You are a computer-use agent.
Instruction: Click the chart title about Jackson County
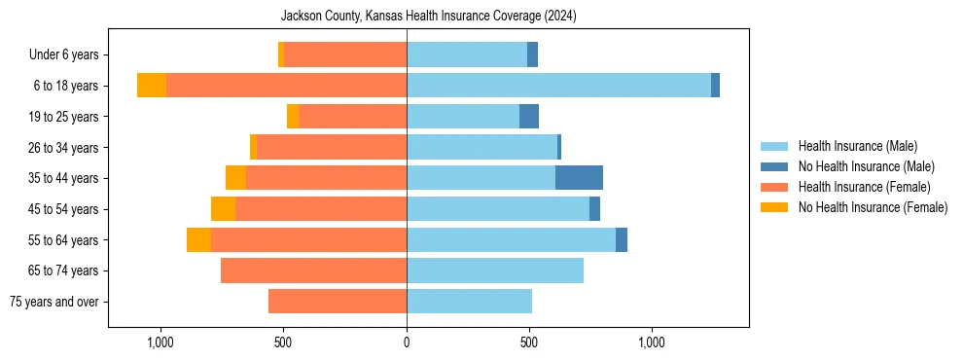(428, 17)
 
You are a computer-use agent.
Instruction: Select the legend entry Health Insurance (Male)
(857, 146)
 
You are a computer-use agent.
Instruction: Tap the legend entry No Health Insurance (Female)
(873, 207)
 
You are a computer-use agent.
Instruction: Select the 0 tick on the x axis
(407, 342)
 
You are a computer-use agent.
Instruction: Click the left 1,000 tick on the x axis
(160, 342)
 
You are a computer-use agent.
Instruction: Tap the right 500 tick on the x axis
(529, 342)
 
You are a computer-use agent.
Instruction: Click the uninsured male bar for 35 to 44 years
(579, 178)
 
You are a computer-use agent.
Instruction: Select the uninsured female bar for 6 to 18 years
(152, 86)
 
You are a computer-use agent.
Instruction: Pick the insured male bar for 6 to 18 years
(558, 86)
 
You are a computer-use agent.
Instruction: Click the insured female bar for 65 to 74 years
(313, 270)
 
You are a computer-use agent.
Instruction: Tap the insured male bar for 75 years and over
(469, 302)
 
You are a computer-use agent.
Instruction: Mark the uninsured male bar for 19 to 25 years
(529, 117)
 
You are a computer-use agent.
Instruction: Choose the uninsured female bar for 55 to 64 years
(198, 239)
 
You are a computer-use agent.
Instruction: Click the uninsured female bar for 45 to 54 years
(223, 209)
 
